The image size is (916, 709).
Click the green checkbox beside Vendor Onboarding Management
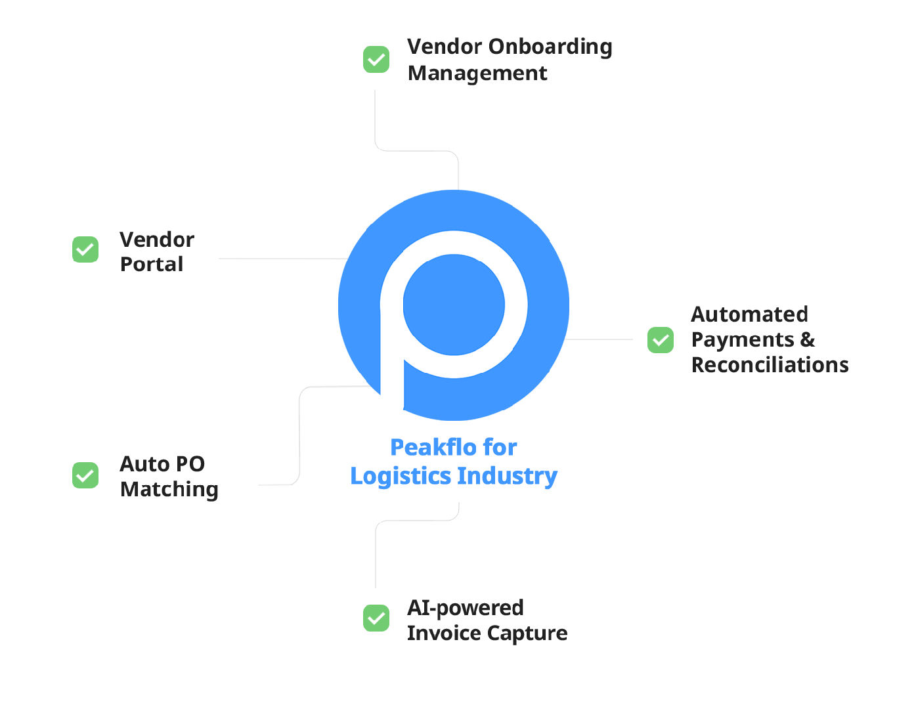click(376, 60)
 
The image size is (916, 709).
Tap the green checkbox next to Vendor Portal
click(85, 249)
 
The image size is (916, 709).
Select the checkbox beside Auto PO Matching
click(85, 475)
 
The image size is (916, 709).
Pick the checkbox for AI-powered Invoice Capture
click(376, 618)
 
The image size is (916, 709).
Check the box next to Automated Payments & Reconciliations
click(661, 340)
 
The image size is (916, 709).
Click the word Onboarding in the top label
click(550, 47)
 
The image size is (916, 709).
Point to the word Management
click(477, 74)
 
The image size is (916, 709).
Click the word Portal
click(152, 265)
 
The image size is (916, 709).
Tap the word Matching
click(169, 490)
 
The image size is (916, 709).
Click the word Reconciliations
click(770, 365)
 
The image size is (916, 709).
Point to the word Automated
click(749, 314)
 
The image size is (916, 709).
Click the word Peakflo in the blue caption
click(433, 448)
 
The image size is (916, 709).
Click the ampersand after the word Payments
click(808, 340)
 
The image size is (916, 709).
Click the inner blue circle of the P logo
click(454, 305)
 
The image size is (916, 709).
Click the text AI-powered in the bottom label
click(465, 608)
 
